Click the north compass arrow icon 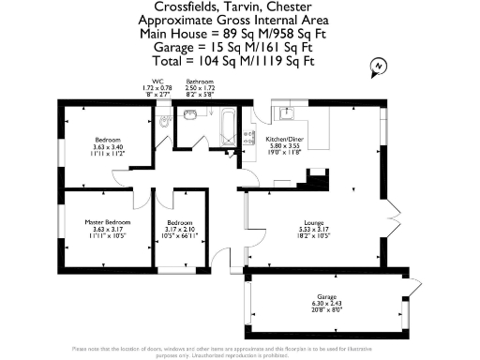(x=377, y=66)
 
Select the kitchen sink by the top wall (x=286, y=113)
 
